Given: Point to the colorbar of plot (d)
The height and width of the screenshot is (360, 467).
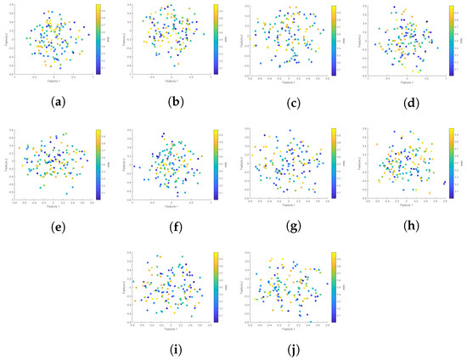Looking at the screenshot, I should coord(447,40).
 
